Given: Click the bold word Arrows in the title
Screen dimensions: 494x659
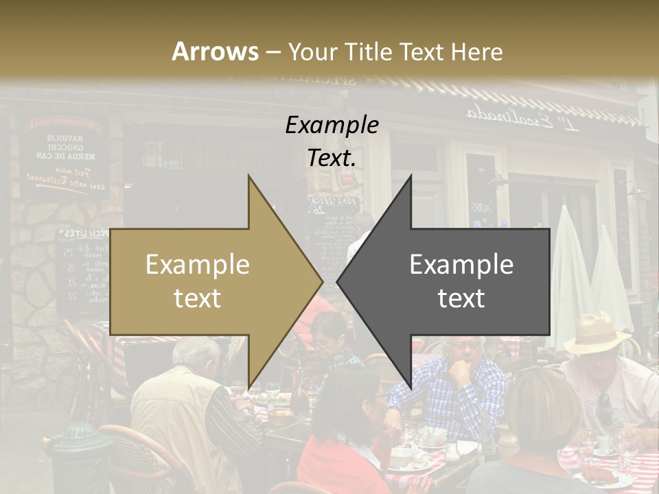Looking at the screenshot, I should (x=215, y=51).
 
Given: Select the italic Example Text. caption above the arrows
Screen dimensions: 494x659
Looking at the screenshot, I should (x=332, y=141).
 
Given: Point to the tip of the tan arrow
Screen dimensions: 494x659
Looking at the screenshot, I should (x=321, y=282).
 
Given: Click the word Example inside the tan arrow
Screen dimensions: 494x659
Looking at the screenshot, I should (x=198, y=265).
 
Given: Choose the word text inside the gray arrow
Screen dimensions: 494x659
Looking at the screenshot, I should (x=461, y=298).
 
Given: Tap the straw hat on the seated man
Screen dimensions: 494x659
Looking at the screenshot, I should (x=598, y=330).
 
